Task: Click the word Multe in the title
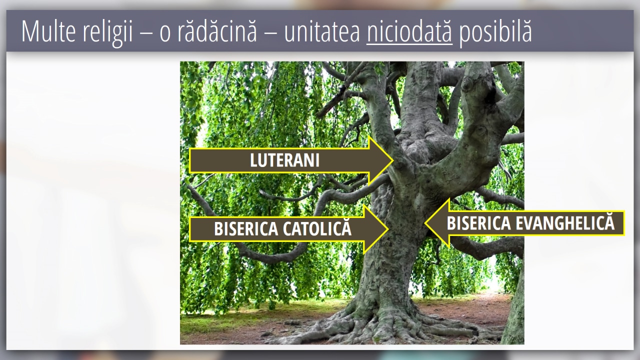[x=48, y=31]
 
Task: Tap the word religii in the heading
[x=108, y=32]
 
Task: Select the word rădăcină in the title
[x=217, y=31]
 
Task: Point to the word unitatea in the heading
[x=322, y=31]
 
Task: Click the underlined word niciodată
[x=409, y=31]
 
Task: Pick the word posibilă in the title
[x=495, y=32]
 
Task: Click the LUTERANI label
[x=284, y=160]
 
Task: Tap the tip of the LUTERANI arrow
[x=393, y=160]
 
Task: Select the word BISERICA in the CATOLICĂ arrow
[x=246, y=229]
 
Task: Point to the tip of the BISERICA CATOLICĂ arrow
[x=388, y=229]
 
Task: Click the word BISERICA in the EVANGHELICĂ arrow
[x=479, y=223]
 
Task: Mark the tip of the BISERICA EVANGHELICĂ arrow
[x=425, y=223]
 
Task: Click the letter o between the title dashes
[x=165, y=34]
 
